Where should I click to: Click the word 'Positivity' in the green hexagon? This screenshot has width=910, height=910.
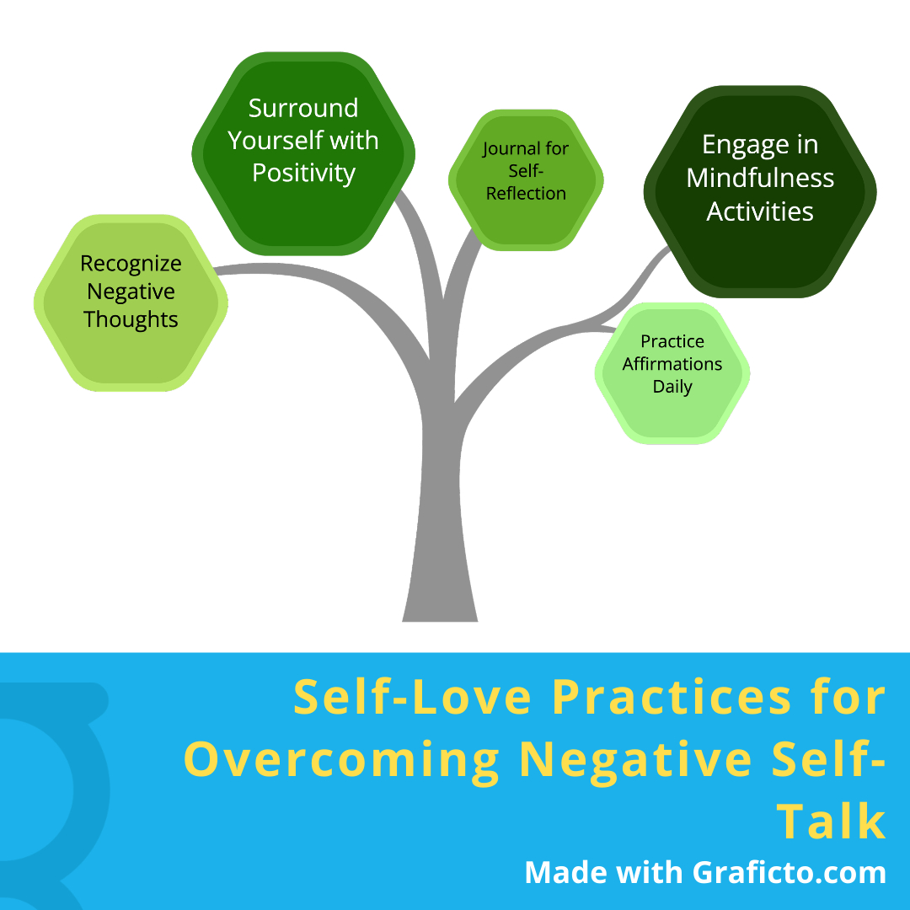point(303,173)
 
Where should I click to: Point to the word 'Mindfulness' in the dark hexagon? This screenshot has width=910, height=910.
point(760,178)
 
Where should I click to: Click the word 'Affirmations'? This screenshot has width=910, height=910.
point(672,364)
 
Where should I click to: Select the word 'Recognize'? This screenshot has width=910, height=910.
point(131,264)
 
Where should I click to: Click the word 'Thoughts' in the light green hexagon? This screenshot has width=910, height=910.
point(131,320)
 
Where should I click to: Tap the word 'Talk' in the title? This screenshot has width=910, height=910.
point(831,822)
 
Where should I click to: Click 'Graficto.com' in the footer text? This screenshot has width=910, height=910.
point(790,872)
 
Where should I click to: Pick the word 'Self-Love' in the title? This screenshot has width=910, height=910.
point(413,698)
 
